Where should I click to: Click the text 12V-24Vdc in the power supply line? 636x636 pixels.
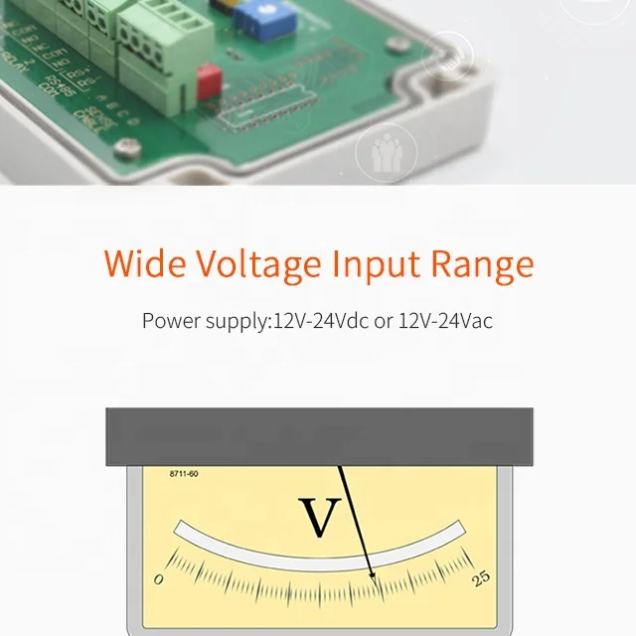(x=320, y=321)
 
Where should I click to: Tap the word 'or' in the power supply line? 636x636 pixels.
(x=383, y=321)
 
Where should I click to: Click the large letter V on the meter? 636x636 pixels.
(x=319, y=516)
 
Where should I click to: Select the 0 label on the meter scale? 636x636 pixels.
(x=159, y=579)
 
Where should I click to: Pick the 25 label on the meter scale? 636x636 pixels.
(x=481, y=577)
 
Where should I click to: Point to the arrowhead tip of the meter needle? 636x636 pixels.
(x=374, y=577)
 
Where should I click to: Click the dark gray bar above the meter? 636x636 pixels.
(x=319, y=436)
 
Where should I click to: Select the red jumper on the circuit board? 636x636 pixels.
(x=209, y=82)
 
